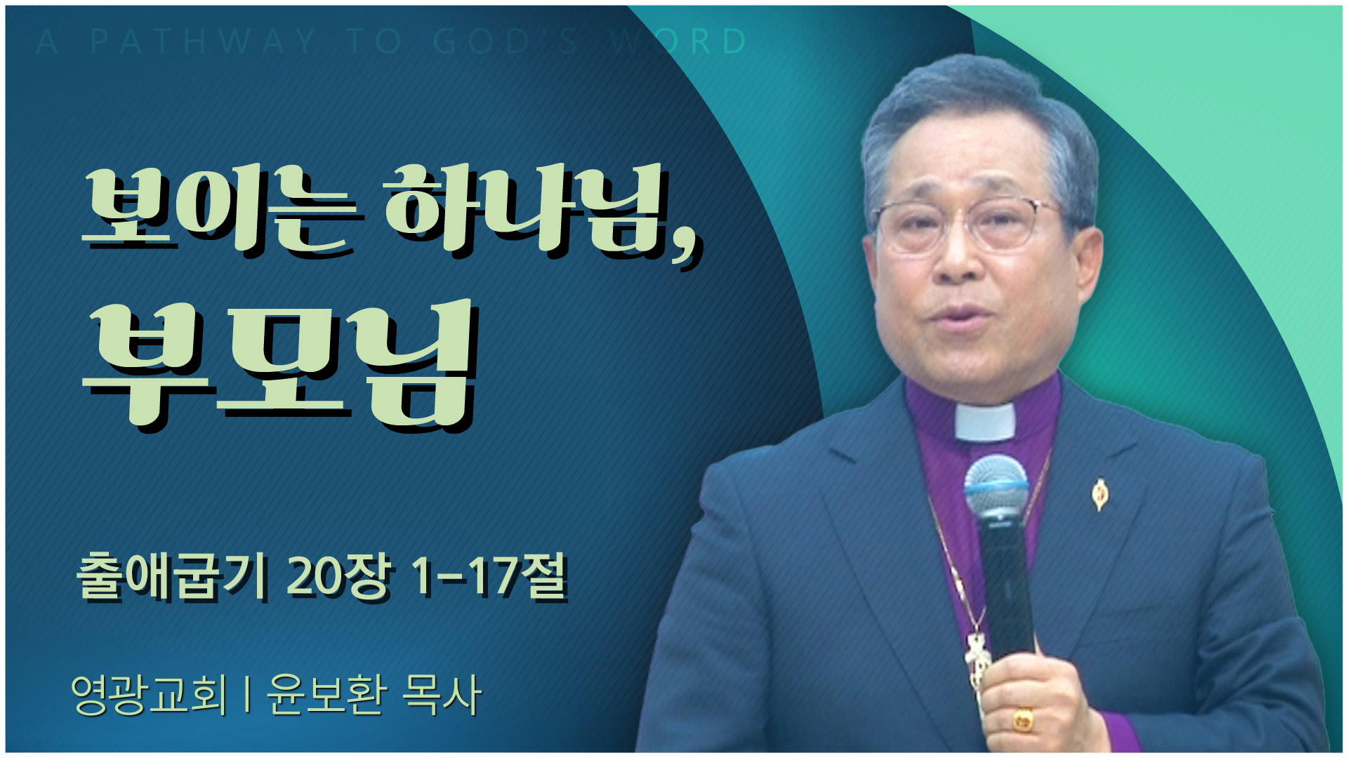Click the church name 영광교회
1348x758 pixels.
[150, 695]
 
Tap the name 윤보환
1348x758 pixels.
[326, 695]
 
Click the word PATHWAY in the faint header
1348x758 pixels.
[203, 41]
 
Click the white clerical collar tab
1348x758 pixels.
[985, 420]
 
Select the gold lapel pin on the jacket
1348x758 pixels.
[1099, 493]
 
